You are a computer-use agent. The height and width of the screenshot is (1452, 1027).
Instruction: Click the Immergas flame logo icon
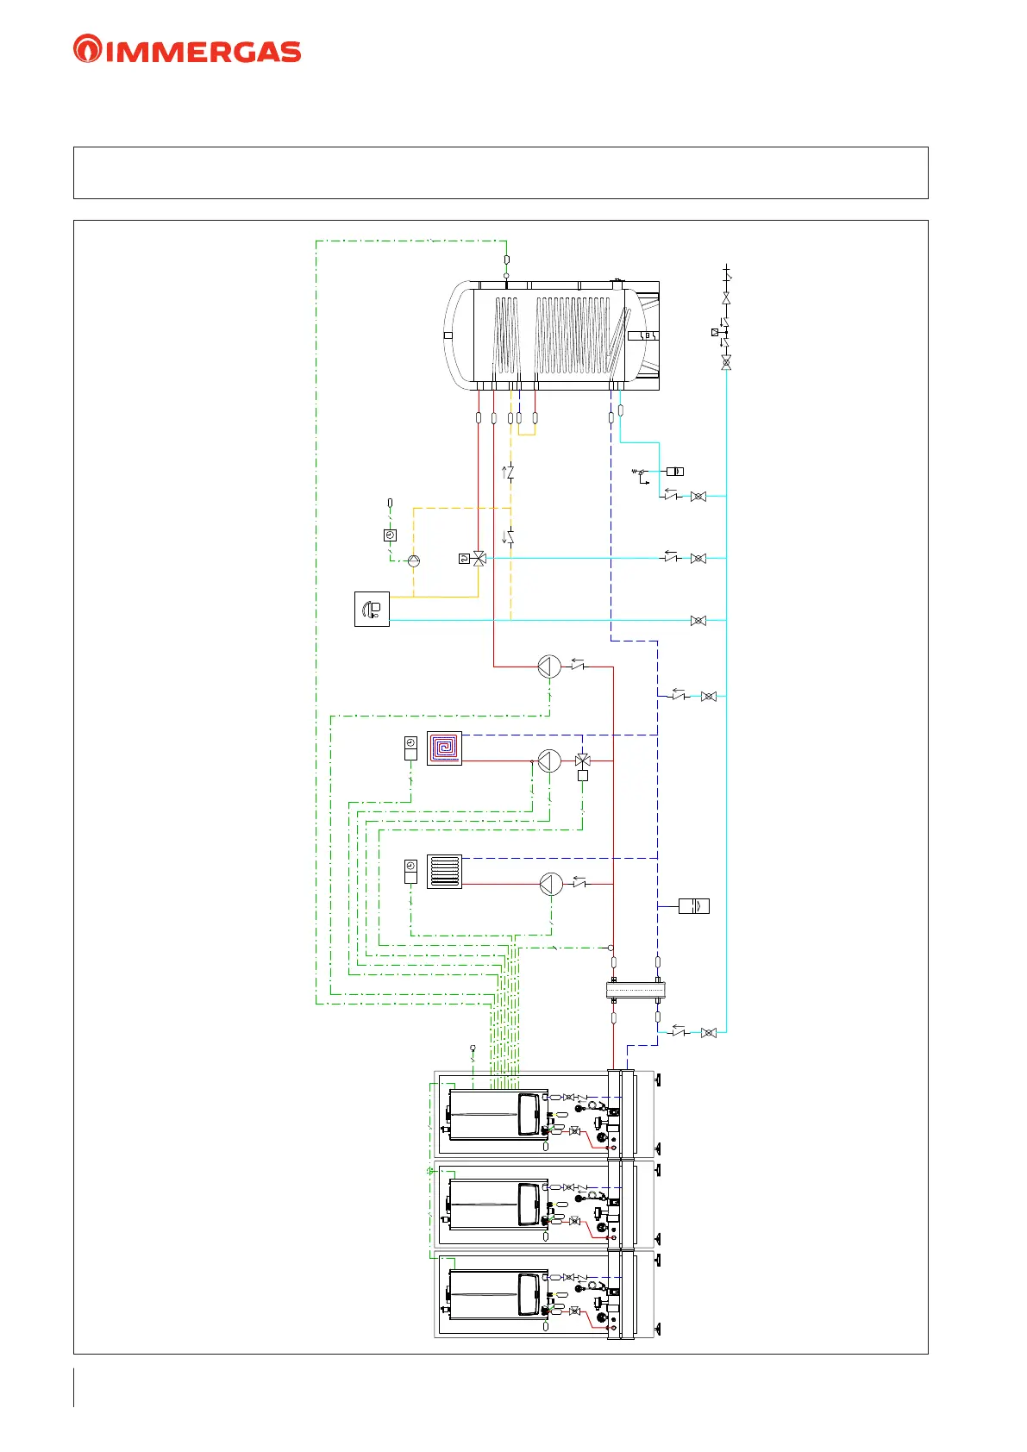(87, 49)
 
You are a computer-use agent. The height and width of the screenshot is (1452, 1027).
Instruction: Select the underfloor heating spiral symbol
(444, 748)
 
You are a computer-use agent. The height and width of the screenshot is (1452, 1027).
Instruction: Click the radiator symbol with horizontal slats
(444, 871)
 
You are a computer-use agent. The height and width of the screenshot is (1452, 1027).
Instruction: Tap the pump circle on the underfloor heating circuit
(549, 760)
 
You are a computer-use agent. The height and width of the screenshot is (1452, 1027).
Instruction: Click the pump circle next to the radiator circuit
(551, 884)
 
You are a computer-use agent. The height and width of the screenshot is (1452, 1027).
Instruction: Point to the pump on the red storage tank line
(549, 667)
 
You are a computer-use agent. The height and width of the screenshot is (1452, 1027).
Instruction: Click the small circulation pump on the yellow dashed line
(414, 560)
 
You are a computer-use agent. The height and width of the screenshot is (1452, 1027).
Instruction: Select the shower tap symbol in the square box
(372, 609)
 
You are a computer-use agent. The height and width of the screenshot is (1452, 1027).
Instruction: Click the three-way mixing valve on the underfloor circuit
(583, 760)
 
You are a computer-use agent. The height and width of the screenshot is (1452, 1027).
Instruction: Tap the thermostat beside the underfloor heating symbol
(410, 748)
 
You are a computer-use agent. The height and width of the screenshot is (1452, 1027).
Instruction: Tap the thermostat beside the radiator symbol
(410, 871)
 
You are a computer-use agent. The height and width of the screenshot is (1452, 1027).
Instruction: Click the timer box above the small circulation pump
(390, 535)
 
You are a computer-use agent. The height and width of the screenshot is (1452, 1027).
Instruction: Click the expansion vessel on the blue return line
(694, 906)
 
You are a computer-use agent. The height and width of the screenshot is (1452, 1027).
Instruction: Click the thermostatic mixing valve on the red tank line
(479, 559)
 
